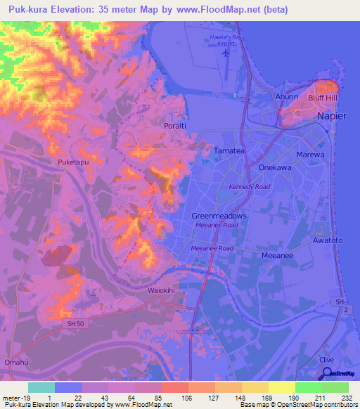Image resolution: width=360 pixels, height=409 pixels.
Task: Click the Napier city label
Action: (x=331, y=116)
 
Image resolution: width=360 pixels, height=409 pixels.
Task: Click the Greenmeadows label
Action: (x=219, y=216)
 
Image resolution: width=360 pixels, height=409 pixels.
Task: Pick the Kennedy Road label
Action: (x=249, y=187)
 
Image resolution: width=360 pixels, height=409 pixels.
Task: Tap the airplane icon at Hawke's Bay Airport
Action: (x=226, y=52)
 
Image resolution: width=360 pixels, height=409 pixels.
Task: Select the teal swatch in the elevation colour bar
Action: (x=41, y=387)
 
